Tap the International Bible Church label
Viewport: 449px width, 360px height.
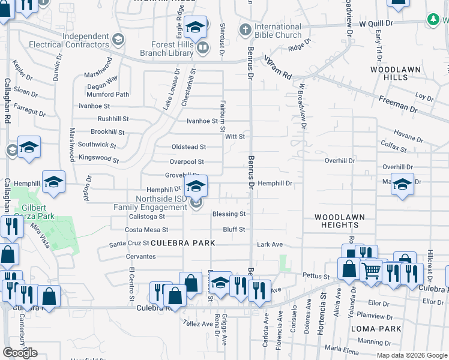[x=278, y=31]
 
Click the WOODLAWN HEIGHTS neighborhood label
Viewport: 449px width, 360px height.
[x=339, y=220]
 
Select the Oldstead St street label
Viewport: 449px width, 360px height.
[x=188, y=147]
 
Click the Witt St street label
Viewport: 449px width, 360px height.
[x=235, y=137]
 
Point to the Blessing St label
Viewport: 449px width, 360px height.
[x=229, y=214]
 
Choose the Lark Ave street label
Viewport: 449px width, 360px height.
[x=270, y=245]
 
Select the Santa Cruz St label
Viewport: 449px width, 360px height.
[x=128, y=244]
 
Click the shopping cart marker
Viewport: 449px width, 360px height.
[x=372, y=271]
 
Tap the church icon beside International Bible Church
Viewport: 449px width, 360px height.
[x=245, y=29]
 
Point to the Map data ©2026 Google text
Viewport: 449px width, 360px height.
[x=411, y=355]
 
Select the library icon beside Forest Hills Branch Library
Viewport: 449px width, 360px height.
[x=203, y=47]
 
